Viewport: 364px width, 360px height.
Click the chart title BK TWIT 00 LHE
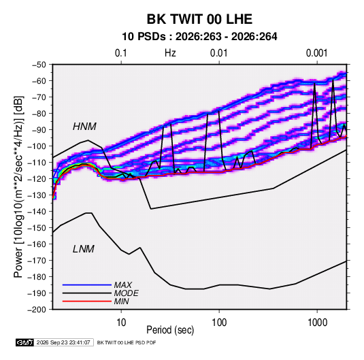(199, 19)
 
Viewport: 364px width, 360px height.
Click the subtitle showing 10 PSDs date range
(199, 37)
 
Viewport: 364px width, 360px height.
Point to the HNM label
(84, 127)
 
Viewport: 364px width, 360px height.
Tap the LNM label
(84, 249)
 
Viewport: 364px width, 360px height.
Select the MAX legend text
(122, 285)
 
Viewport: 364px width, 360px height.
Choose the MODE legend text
(126, 293)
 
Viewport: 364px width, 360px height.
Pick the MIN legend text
(121, 301)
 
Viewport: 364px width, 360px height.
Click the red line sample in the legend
(87, 301)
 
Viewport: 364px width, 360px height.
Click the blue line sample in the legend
(87, 285)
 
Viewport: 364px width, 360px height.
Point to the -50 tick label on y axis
(39, 65)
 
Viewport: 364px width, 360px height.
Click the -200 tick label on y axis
(37, 310)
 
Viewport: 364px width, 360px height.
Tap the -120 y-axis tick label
(37, 179)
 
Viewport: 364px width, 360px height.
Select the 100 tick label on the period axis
(219, 323)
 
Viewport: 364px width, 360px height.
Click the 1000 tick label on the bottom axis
(317, 323)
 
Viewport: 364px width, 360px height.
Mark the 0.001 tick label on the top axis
(317, 53)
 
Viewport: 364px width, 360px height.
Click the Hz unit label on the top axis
(170, 53)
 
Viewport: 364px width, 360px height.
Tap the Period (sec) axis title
(170, 330)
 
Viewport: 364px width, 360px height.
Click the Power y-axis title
(18, 186)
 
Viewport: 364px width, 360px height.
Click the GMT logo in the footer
(25, 342)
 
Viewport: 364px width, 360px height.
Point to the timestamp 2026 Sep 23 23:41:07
(63, 342)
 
